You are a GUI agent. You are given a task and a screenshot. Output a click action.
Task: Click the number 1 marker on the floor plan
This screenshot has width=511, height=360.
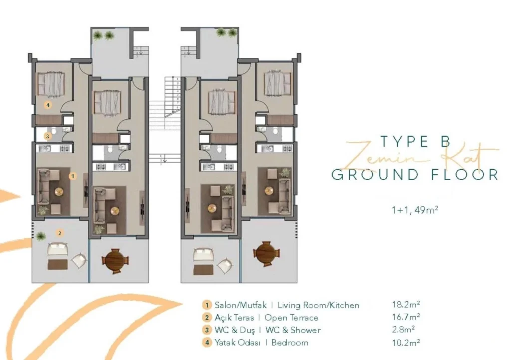pos(73,176)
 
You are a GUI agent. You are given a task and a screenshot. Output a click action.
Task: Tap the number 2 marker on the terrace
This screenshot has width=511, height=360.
pos(60,233)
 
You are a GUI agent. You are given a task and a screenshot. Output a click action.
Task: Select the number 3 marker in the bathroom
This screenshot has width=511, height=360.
pos(48,136)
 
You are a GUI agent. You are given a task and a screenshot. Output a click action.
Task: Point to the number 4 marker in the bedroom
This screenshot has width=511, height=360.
pos(48,105)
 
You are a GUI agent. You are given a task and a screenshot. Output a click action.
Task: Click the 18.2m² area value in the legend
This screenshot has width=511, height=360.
pos(406,304)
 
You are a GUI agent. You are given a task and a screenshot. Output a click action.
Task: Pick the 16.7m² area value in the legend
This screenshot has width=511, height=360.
pos(406,317)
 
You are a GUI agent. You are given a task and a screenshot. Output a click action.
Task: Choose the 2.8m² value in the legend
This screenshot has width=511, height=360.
pos(403,329)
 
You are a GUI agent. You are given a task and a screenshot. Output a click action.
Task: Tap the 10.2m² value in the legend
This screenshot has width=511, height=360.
pos(406,342)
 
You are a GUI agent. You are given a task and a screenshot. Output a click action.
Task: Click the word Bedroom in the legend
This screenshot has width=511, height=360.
pos(290,343)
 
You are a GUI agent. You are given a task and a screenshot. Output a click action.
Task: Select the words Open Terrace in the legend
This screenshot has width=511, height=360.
pos(291,318)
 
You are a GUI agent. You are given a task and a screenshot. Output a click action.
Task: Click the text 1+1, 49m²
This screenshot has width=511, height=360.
pos(415,210)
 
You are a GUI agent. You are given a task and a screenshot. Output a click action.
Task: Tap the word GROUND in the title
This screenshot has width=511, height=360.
pos(375,175)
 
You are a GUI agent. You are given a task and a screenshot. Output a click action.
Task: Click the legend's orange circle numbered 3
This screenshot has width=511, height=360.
pos(206,330)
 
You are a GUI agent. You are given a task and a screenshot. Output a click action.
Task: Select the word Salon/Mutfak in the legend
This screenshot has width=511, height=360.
pos(241,305)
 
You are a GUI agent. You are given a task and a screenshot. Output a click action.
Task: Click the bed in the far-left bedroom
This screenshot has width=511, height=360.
pos(50,84)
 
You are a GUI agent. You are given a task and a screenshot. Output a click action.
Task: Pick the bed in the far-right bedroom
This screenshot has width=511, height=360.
pos(277,83)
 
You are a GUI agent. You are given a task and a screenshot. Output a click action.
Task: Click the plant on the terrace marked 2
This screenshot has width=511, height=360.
pos(40,236)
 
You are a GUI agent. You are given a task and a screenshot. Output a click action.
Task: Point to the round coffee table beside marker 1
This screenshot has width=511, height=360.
pos(59,192)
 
